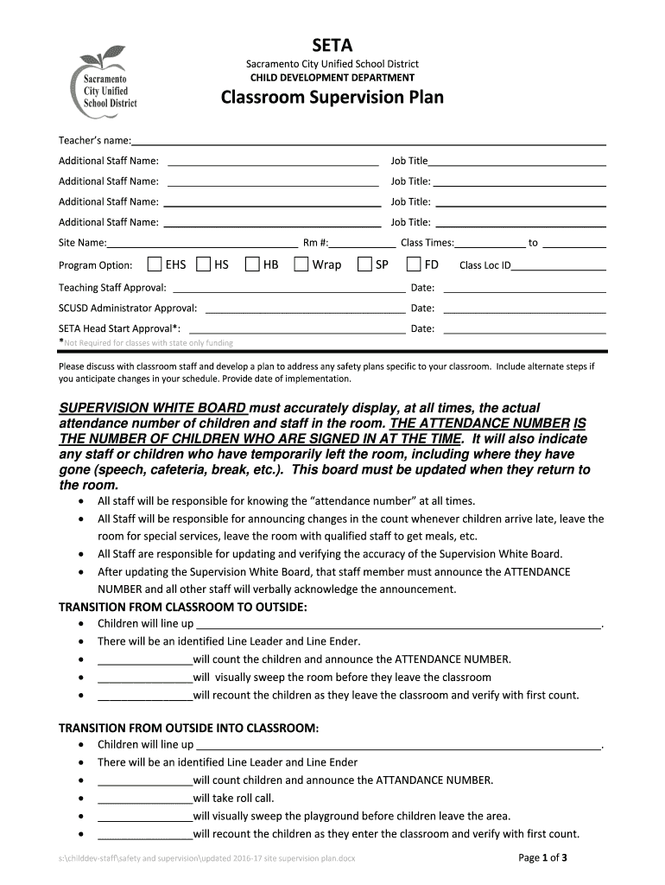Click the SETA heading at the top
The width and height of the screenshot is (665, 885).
click(x=332, y=45)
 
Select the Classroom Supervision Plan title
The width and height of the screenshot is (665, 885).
click(x=332, y=98)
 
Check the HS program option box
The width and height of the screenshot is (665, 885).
click(x=204, y=264)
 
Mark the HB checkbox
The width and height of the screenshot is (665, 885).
click(x=252, y=264)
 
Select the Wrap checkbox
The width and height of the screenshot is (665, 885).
click(x=301, y=264)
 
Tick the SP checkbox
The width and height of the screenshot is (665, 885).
click(x=364, y=264)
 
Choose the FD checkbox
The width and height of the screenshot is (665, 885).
click(x=414, y=264)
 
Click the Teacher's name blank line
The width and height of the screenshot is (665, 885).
click(x=368, y=142)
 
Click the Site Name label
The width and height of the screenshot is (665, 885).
click(x=83, y=243)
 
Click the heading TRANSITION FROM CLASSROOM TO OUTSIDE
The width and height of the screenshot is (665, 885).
click(x=182, y=607)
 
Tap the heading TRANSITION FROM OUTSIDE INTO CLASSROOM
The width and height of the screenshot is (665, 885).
click(x=188, y=729)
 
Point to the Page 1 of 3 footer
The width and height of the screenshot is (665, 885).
click(x=541, y=858)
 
